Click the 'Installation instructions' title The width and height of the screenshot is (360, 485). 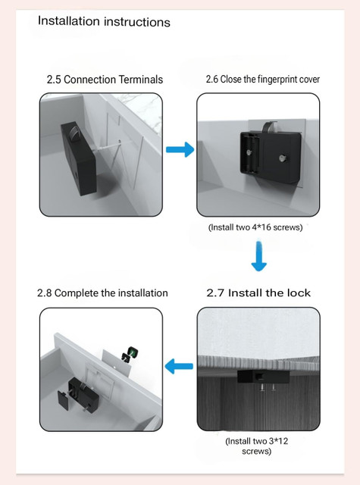[104, 22]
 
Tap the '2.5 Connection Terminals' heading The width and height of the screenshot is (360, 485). [105, 80]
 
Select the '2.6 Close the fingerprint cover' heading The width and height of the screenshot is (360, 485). [263, 79]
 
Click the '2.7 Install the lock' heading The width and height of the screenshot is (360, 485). [258, 293]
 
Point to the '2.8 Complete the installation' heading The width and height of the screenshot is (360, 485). [102, 293]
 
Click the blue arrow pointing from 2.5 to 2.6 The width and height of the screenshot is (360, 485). [180, 150]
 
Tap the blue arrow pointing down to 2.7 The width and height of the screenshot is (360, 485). [259, 256]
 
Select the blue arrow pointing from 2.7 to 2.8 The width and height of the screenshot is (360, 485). [179, 367]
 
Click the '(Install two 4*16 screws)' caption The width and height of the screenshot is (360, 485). [255, 227]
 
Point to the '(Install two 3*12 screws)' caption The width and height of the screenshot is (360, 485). [257, 446]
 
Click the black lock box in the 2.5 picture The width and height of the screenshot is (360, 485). [79, 158]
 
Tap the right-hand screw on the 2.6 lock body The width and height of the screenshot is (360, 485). [282, 158]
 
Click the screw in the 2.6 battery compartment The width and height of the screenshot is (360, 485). [249, 152]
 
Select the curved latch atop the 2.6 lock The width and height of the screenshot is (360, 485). [268, 127]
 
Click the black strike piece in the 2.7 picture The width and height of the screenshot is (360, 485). [263, 377]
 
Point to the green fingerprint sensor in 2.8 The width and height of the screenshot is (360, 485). [133, 352]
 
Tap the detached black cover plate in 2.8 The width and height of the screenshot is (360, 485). [63, 400]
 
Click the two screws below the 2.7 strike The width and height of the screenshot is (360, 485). [268, 388]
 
